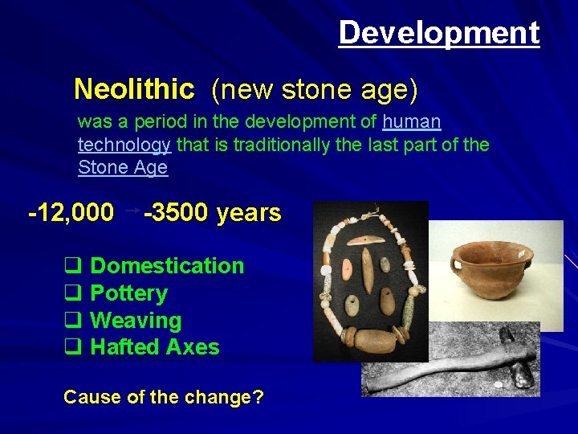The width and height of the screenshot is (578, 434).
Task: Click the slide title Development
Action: pyautogui.click(x=438, y=33)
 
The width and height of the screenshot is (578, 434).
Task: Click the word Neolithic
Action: pyautogui.click(x=134, y=89)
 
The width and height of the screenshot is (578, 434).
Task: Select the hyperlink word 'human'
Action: pyautogui.click(x=412, y=122)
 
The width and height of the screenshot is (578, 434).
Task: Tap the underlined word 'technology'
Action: pyautogui.click(x=124, y=145)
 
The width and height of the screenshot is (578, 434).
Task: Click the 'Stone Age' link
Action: pyautogui.click(x=123, y=167)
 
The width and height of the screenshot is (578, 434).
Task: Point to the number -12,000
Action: pyautogui.click(x=71, y=213)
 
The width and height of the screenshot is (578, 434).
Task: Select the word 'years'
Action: pyautogui.click(x=249, y=213)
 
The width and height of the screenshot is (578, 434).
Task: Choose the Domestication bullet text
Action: pyautogui.click(x=167, y=266)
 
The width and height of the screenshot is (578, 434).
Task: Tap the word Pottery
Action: pyautogui.click(x=128, y=293)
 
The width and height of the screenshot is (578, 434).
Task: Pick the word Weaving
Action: pyautogui.click(x=136, y=321)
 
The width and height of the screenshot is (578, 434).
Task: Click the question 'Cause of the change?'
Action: pyautogui.click(x=164, y=397)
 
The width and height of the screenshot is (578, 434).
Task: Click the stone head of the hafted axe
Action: pyautogui.click(x=523, y=371)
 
